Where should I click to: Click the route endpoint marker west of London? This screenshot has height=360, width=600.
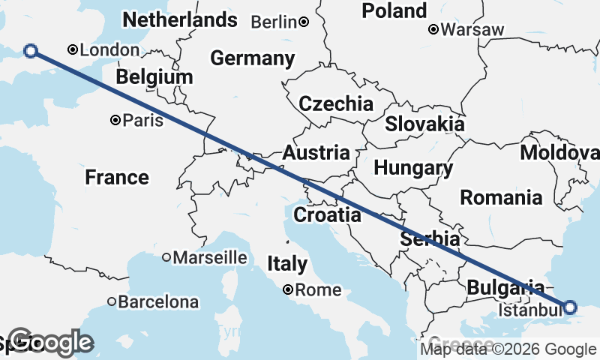click(x=31, y=51)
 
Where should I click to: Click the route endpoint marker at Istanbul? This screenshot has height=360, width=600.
click(x=570, y=307)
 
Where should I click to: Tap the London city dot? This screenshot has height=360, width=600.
click(x=73, y=50)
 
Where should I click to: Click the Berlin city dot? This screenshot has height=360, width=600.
click(x=304, y=22)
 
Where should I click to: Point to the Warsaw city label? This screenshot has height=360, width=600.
click(x=472, y=30)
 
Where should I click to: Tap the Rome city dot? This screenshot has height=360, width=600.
click(x=288, y=289)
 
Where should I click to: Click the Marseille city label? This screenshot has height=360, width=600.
click(x=210, y=257)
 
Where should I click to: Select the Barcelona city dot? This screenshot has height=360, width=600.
click(x=112, y=302)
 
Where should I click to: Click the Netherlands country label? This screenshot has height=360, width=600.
click(x=180, y=19)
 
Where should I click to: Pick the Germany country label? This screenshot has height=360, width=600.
click(x=252, y=58)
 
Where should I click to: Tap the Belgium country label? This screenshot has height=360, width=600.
click(x=154, y=76)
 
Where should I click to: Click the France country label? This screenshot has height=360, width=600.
click(x=116, y=178)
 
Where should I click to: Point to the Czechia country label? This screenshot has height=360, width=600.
click(x=336, y=103)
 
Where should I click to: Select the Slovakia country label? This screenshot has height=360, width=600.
click(x=424, y=124)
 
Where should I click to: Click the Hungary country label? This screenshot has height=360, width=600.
click(x=413, y=168)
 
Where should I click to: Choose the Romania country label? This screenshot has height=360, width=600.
click(x=501, y=198)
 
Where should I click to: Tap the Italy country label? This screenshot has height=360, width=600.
click(x=287, y=263)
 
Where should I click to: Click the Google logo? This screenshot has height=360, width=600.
click(x=50, y=343)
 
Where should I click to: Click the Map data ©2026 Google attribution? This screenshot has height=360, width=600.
click(x=508, y=349)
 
